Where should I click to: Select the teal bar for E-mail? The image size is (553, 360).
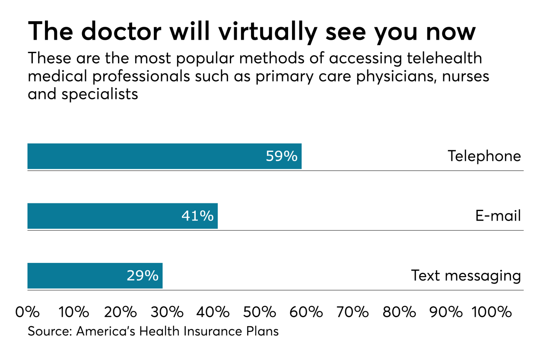click(x=104, y=216)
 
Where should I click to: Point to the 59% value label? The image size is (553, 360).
click(x=281, y=156)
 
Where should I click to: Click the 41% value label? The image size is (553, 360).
click(x=197, y=216)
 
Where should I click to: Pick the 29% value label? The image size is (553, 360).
click(x=143, y=275)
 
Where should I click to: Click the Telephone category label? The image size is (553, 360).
click(x=484, y=156)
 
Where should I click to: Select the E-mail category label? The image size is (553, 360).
click(x=498, y=216)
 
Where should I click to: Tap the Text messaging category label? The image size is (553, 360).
click(x=466, y=275)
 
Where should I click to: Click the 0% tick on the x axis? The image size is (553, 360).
click(x=27, y=312)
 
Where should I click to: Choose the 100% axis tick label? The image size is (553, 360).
click(x=492, y=312)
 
